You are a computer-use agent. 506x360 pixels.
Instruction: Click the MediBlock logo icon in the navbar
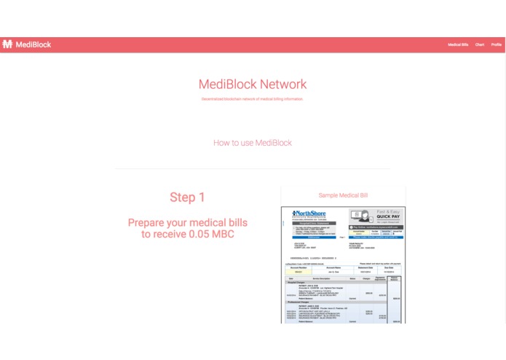pyautogui.click(x=7, y=44)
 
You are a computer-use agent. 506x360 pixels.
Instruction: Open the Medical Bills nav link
pyautogui.click(x=458, y=44)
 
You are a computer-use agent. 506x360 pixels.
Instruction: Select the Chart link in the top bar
pyautogui.click(x=480, y=44)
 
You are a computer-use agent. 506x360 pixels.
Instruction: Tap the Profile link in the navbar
pyautogui.click(x=497, y=44)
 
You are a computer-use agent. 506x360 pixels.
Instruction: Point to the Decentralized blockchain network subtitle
pyautogui.click(x=253, y=98)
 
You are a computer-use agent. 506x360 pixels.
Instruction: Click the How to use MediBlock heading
pyautogui.click(x=253, y=143)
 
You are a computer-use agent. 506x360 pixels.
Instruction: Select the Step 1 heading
pyautogui.click(x=187, y=197)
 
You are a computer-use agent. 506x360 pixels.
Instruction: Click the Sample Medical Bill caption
pyautogui.click(x=343, y=195)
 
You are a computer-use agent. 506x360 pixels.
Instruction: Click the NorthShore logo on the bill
pyautogui.click(x=310, y=214)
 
